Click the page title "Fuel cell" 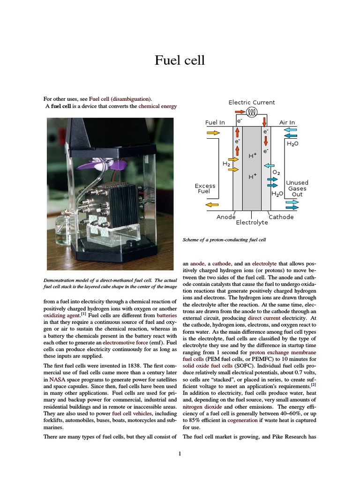tap(180, 60)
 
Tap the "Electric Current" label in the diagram tap(252, 102)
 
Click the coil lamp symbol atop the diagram tap(252, 112)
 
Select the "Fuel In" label tap(215, 123)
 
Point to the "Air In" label tap(287, 123)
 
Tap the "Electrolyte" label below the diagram tap(252, 223)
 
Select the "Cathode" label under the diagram tap(281, 217)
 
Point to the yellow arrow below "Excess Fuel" tap(212, 204)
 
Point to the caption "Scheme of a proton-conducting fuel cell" tap(225, 240)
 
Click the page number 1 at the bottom tap(180, 454)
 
